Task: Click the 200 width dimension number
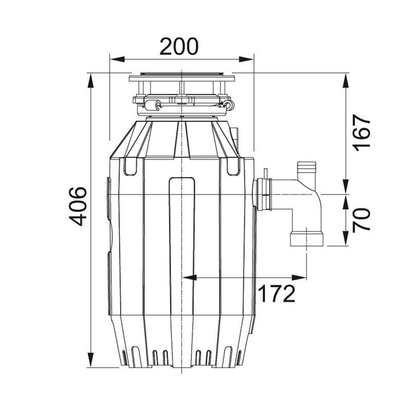click(x=179, y=46)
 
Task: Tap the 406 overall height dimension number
click(x=79, y=207)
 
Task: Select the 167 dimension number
click(x=362, y=134)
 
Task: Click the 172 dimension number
click(x=277, y=293)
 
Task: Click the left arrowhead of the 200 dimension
click(x=117, y=60)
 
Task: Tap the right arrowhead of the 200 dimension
click(x=247, y=60)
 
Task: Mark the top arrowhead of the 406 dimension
click(x=90, y=81)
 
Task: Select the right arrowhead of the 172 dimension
click(x=299, y=277)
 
